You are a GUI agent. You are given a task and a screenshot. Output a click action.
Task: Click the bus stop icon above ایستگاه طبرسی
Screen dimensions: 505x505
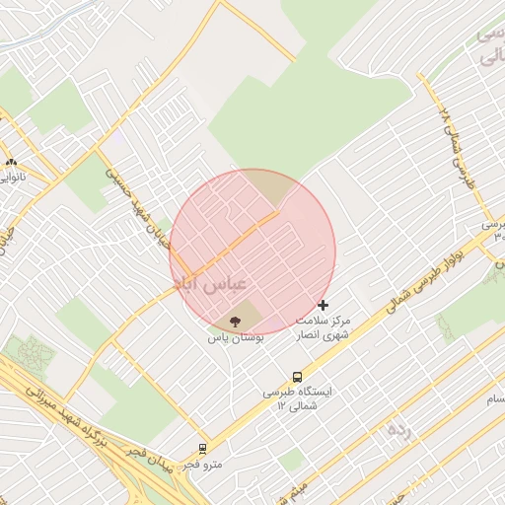pos(297,377)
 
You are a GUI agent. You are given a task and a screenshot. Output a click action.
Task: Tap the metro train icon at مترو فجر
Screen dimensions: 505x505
pos(203,448)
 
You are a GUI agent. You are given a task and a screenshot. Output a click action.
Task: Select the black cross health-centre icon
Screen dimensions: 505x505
pos(323,306)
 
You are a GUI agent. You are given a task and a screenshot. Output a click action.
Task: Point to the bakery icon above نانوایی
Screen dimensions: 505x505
pos(11,163)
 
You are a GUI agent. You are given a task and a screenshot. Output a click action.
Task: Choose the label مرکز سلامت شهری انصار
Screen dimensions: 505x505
pos(330,328)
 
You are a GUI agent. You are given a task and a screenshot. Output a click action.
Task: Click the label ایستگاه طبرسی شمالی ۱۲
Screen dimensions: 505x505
pos(297,398)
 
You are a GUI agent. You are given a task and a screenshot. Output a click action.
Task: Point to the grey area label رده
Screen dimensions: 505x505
pos(398,429)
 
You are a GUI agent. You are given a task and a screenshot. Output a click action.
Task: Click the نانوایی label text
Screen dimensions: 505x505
pos(12,179)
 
